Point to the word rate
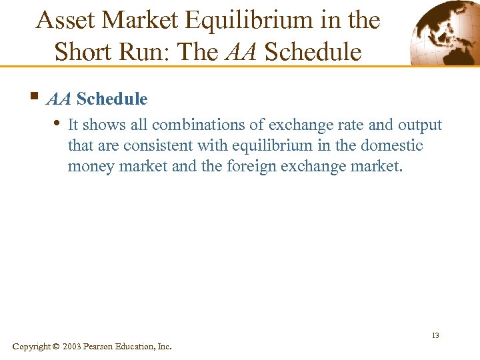coord(330,125)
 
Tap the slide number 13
coord(435,335)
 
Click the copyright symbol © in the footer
coord(55,347)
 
